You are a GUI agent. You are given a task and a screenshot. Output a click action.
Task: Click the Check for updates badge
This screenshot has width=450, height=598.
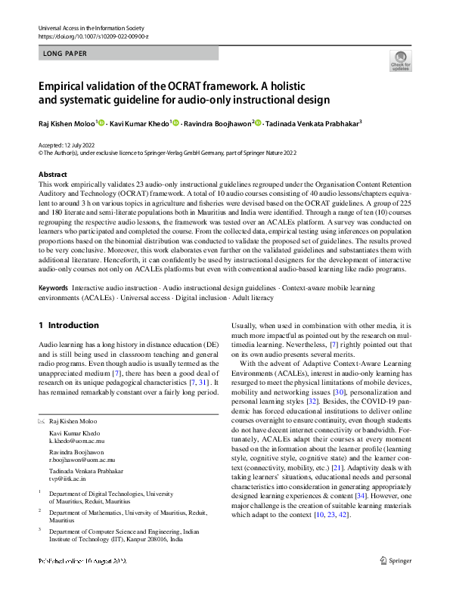401,61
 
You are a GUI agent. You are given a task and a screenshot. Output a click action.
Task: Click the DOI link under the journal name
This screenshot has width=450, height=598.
93,36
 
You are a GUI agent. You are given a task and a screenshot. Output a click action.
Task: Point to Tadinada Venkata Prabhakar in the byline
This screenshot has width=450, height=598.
311,123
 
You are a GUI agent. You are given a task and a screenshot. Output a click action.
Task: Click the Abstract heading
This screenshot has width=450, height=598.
52,175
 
